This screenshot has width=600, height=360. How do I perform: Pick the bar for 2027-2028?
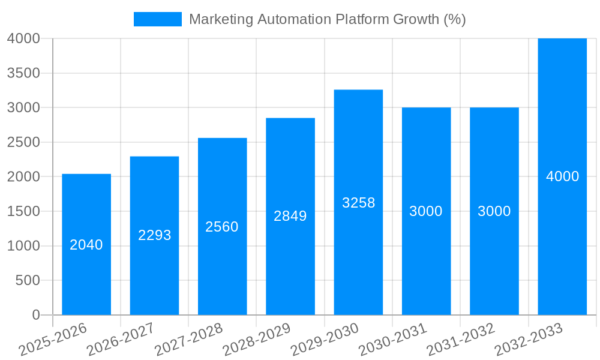pos(222,270)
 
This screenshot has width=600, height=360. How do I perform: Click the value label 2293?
pos(154,235)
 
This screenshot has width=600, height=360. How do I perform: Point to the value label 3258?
pos(358,203)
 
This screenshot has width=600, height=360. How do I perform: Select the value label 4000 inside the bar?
pos(562,176)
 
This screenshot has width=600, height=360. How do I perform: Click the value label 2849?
pos(290,216)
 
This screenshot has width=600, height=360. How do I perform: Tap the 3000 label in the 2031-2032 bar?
pos(494,211)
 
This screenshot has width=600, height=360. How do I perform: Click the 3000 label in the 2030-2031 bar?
pos(426,211)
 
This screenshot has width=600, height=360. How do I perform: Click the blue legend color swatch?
pos(157,19)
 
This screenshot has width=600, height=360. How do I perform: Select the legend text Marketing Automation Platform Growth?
pos(327,19)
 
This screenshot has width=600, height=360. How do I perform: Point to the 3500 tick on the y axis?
pos(23,73)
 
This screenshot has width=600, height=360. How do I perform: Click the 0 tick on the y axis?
pos(35,315)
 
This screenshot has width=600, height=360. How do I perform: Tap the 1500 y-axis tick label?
pos(23,211)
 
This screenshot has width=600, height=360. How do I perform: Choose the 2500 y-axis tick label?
pos(23,142)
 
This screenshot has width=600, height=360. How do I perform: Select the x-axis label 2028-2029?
pos(257,339)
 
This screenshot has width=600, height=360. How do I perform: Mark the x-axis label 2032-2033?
pos(529,339)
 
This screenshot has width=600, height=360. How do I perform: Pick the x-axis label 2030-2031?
pos(393,339)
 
